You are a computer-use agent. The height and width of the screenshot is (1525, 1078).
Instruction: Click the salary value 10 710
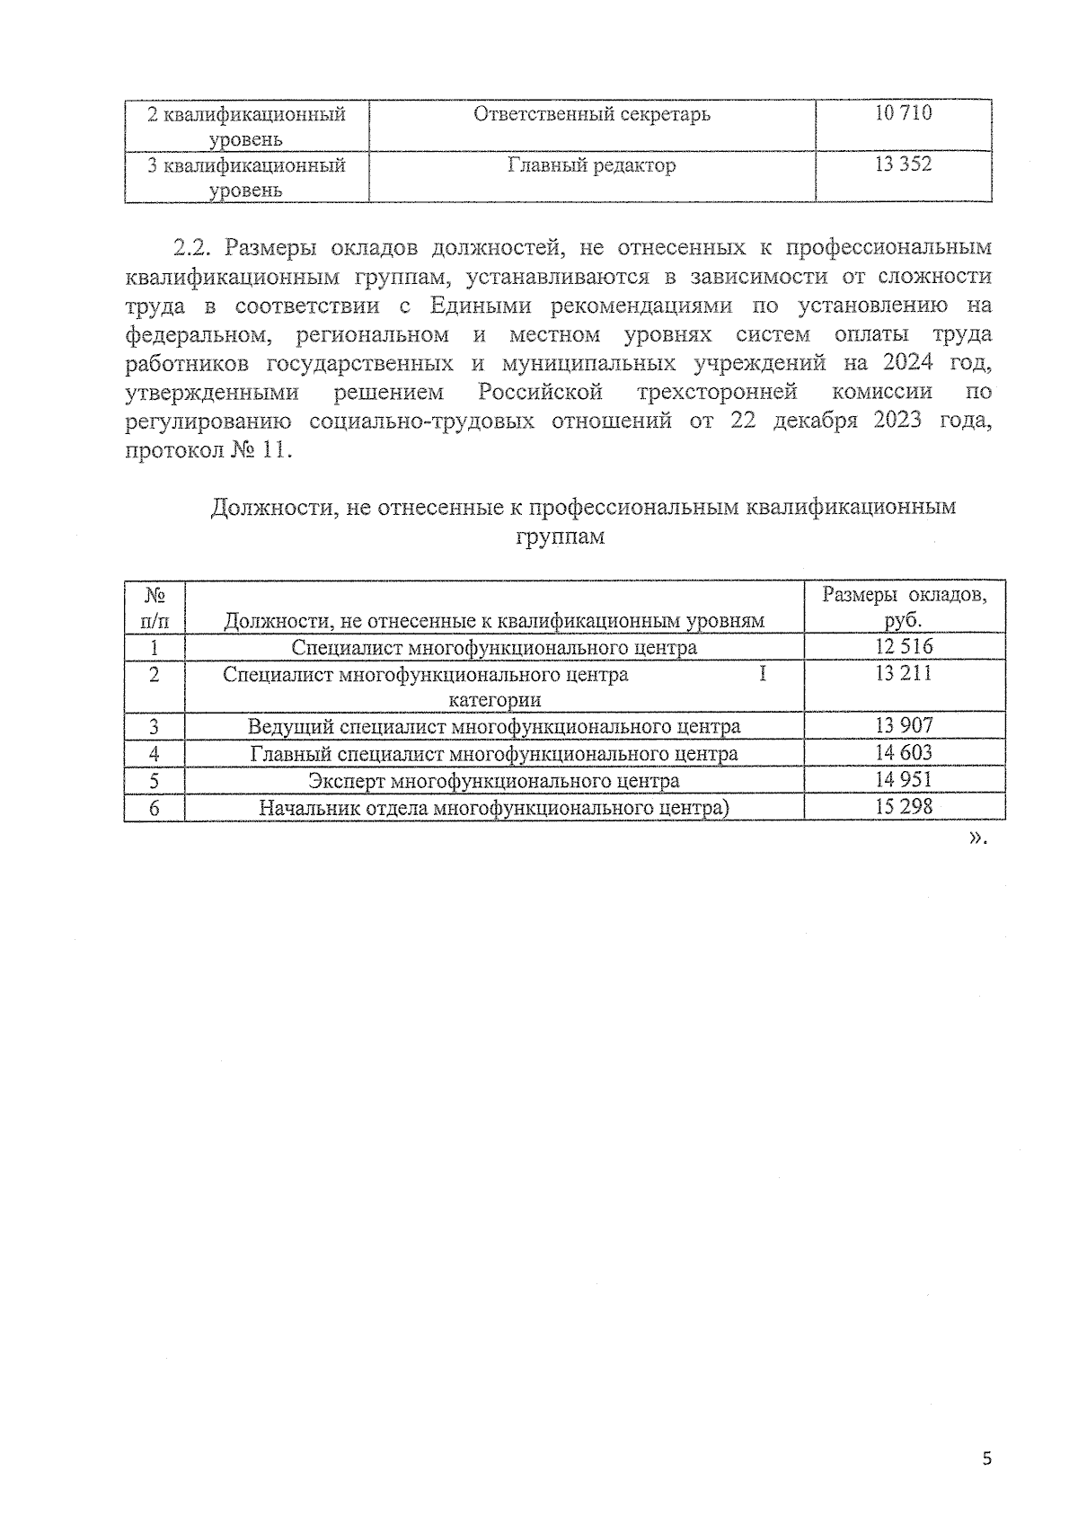pyautogui.click(x=903, y=113)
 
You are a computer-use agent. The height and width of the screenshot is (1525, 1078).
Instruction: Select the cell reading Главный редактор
pyautogui.click(x=591, y=165)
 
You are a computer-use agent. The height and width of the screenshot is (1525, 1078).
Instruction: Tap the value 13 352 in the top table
pyautogui.click(x=903, y=164)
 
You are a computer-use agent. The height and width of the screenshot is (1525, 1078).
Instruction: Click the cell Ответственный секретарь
pyautogui.click(x=591, y=114)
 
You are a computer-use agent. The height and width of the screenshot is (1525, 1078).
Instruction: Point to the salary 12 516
pyautogui.click(x=904, y=646)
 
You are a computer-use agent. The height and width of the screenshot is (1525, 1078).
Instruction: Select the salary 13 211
pyautogui.click(x=904, y=673)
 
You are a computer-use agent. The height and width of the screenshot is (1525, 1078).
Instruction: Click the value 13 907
pyautogui.click(x=904, y=725)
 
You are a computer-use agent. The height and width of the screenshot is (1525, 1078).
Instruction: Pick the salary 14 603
pyautogui.click(x=904, y=752)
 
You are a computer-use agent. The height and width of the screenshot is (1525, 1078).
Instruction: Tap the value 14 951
pyautogui.click(x=904, y=779)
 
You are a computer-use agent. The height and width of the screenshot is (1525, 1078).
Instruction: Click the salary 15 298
pyautogui.click(x=904, y=806)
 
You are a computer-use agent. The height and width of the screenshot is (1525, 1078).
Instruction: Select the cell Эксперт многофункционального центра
pyautogui.click(x=493, y=780)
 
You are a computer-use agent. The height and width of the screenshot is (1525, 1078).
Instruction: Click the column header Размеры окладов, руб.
pyautogui.click(x=904, y=607)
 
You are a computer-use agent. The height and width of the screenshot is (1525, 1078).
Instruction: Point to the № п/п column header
pyautogui.click(x=154, y=607)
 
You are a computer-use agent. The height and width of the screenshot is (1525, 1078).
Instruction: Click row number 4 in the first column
pyautogui.click(x=154, y=754)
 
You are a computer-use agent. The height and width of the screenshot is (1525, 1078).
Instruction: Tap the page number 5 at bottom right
pyautogui.click(x=986, y=1459)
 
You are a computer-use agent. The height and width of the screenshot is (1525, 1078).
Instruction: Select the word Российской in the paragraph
pyautogui.click(x=539, y=392)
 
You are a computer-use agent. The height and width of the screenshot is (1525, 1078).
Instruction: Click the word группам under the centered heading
pyautogui.click(x=561, y=537)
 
